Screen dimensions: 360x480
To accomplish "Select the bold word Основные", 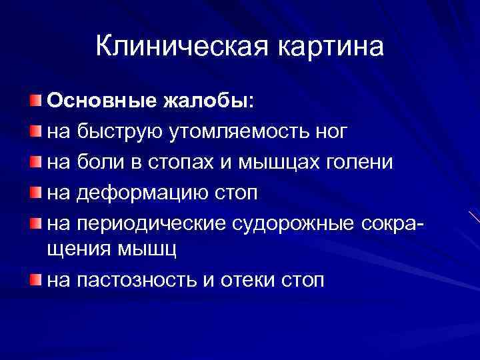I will click(101, 101).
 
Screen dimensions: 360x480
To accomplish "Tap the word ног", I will click(330, 131).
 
